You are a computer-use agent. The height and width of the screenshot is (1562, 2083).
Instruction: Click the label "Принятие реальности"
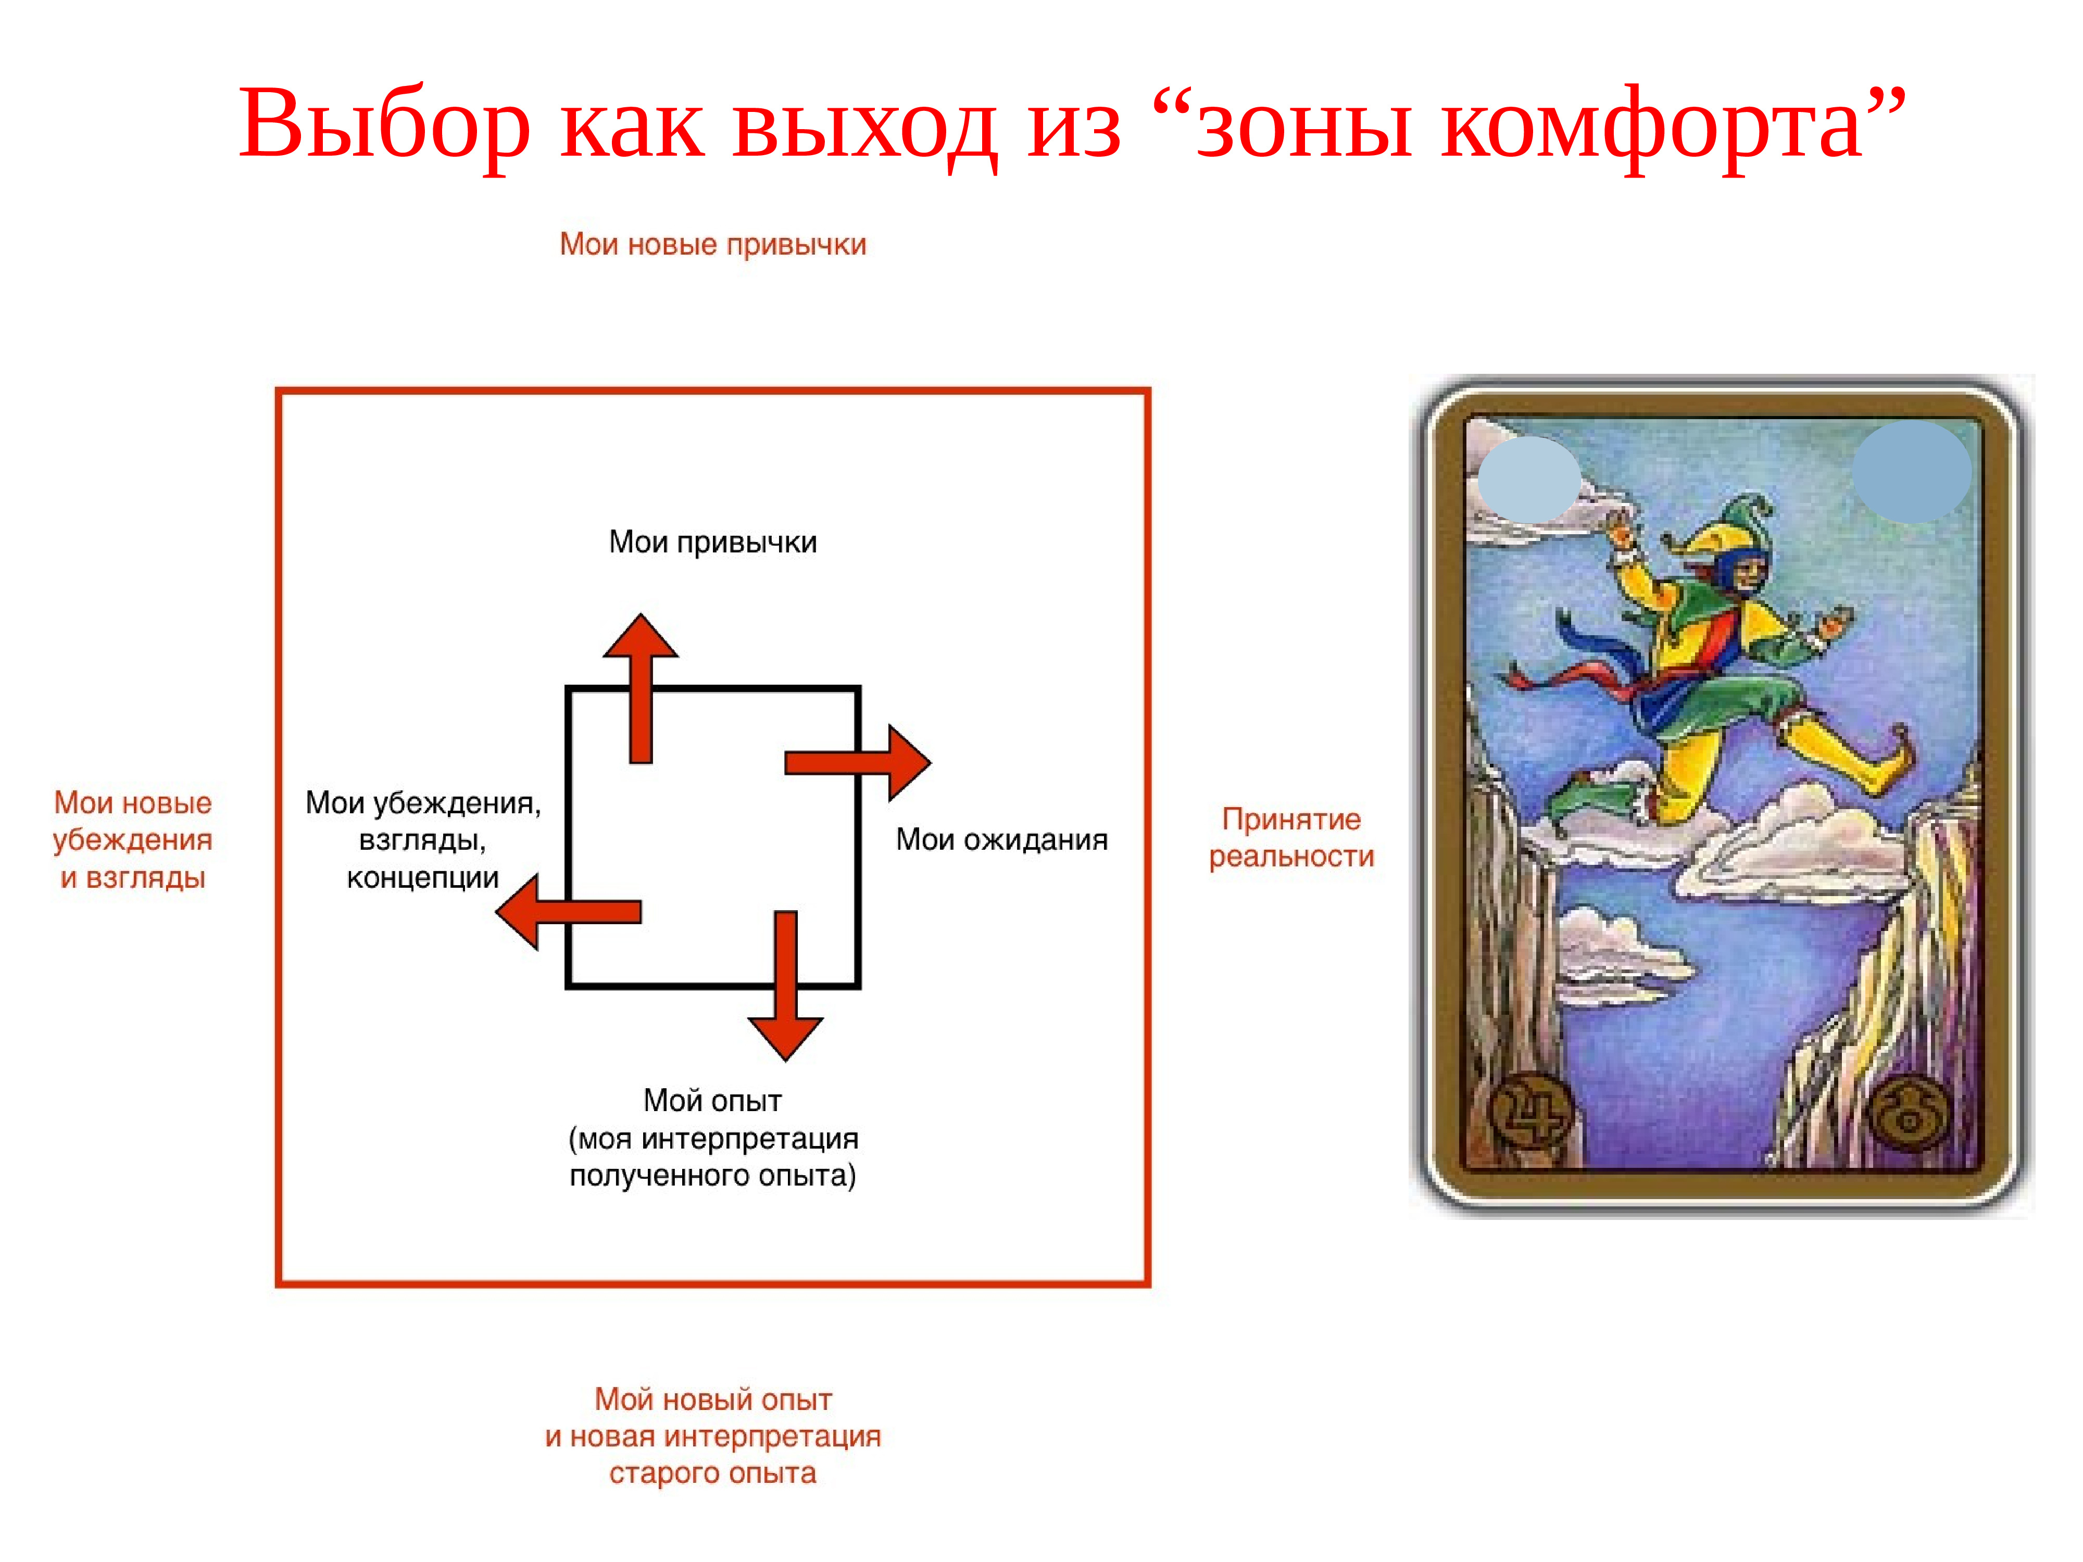pyautogui.click(x=1291, y=837)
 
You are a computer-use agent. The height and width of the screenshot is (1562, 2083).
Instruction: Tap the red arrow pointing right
pyautogui.click(x=858, y=763)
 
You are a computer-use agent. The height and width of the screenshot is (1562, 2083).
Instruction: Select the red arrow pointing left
pyautogui.click(x=568, y=911)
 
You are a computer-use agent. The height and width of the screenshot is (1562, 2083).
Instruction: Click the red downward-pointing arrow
pyautogui.click(x=785, y=986)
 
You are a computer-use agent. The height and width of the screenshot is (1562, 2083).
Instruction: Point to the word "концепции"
pyautogui.click(x=423, y=877)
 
